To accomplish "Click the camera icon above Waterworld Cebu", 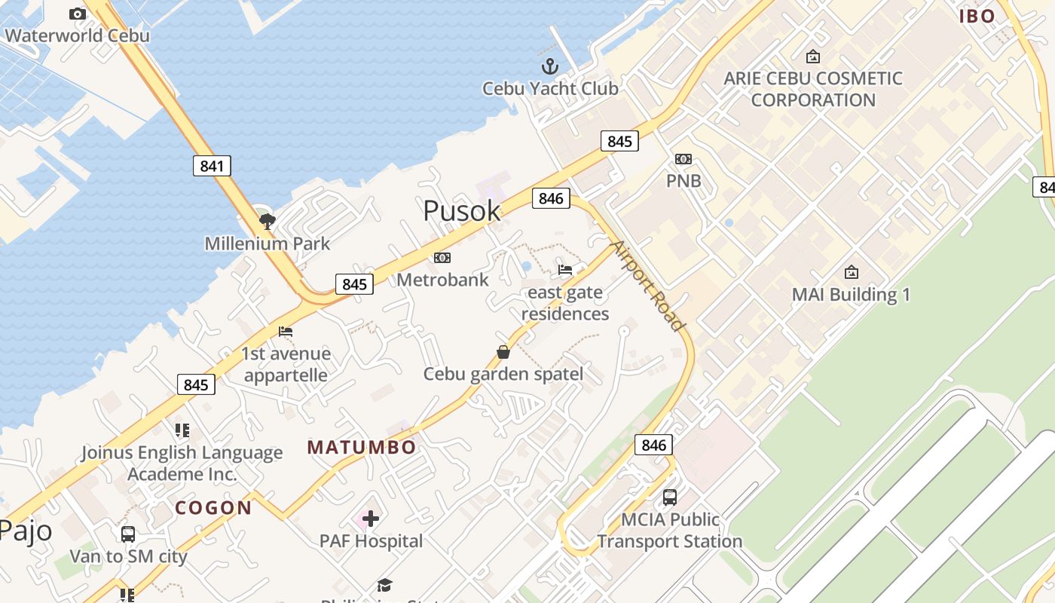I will click(x=77, y=14).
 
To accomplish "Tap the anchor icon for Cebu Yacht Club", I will click(x=550, y=66).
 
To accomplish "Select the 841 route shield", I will click(x=212, y=166).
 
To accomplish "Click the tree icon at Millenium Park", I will click(x=267, y=221).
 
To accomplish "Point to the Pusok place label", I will click(x=461, y=210).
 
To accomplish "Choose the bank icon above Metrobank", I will click(x=442, y=258).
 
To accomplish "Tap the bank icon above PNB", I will click(x=683, y=159).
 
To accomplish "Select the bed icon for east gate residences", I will click(x=565, y=270).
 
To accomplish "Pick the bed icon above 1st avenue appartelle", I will click(x=286, y=332).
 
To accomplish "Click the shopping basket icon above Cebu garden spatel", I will click(x=503, y=352).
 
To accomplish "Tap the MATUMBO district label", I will click(x=362, y=447).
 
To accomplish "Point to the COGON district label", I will click(x=213, y=508).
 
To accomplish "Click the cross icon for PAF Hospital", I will click(x=371, y=518).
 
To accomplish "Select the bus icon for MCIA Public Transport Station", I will click(x=669, y=497).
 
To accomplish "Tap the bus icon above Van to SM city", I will click(x=128, y=534).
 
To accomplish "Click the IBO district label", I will click(x=977, y=16).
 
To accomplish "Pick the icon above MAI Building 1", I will click(x=852, y=272).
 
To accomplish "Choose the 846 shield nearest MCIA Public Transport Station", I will click(x=653, y=445).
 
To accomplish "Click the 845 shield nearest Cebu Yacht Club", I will click(x=619, y=141).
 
